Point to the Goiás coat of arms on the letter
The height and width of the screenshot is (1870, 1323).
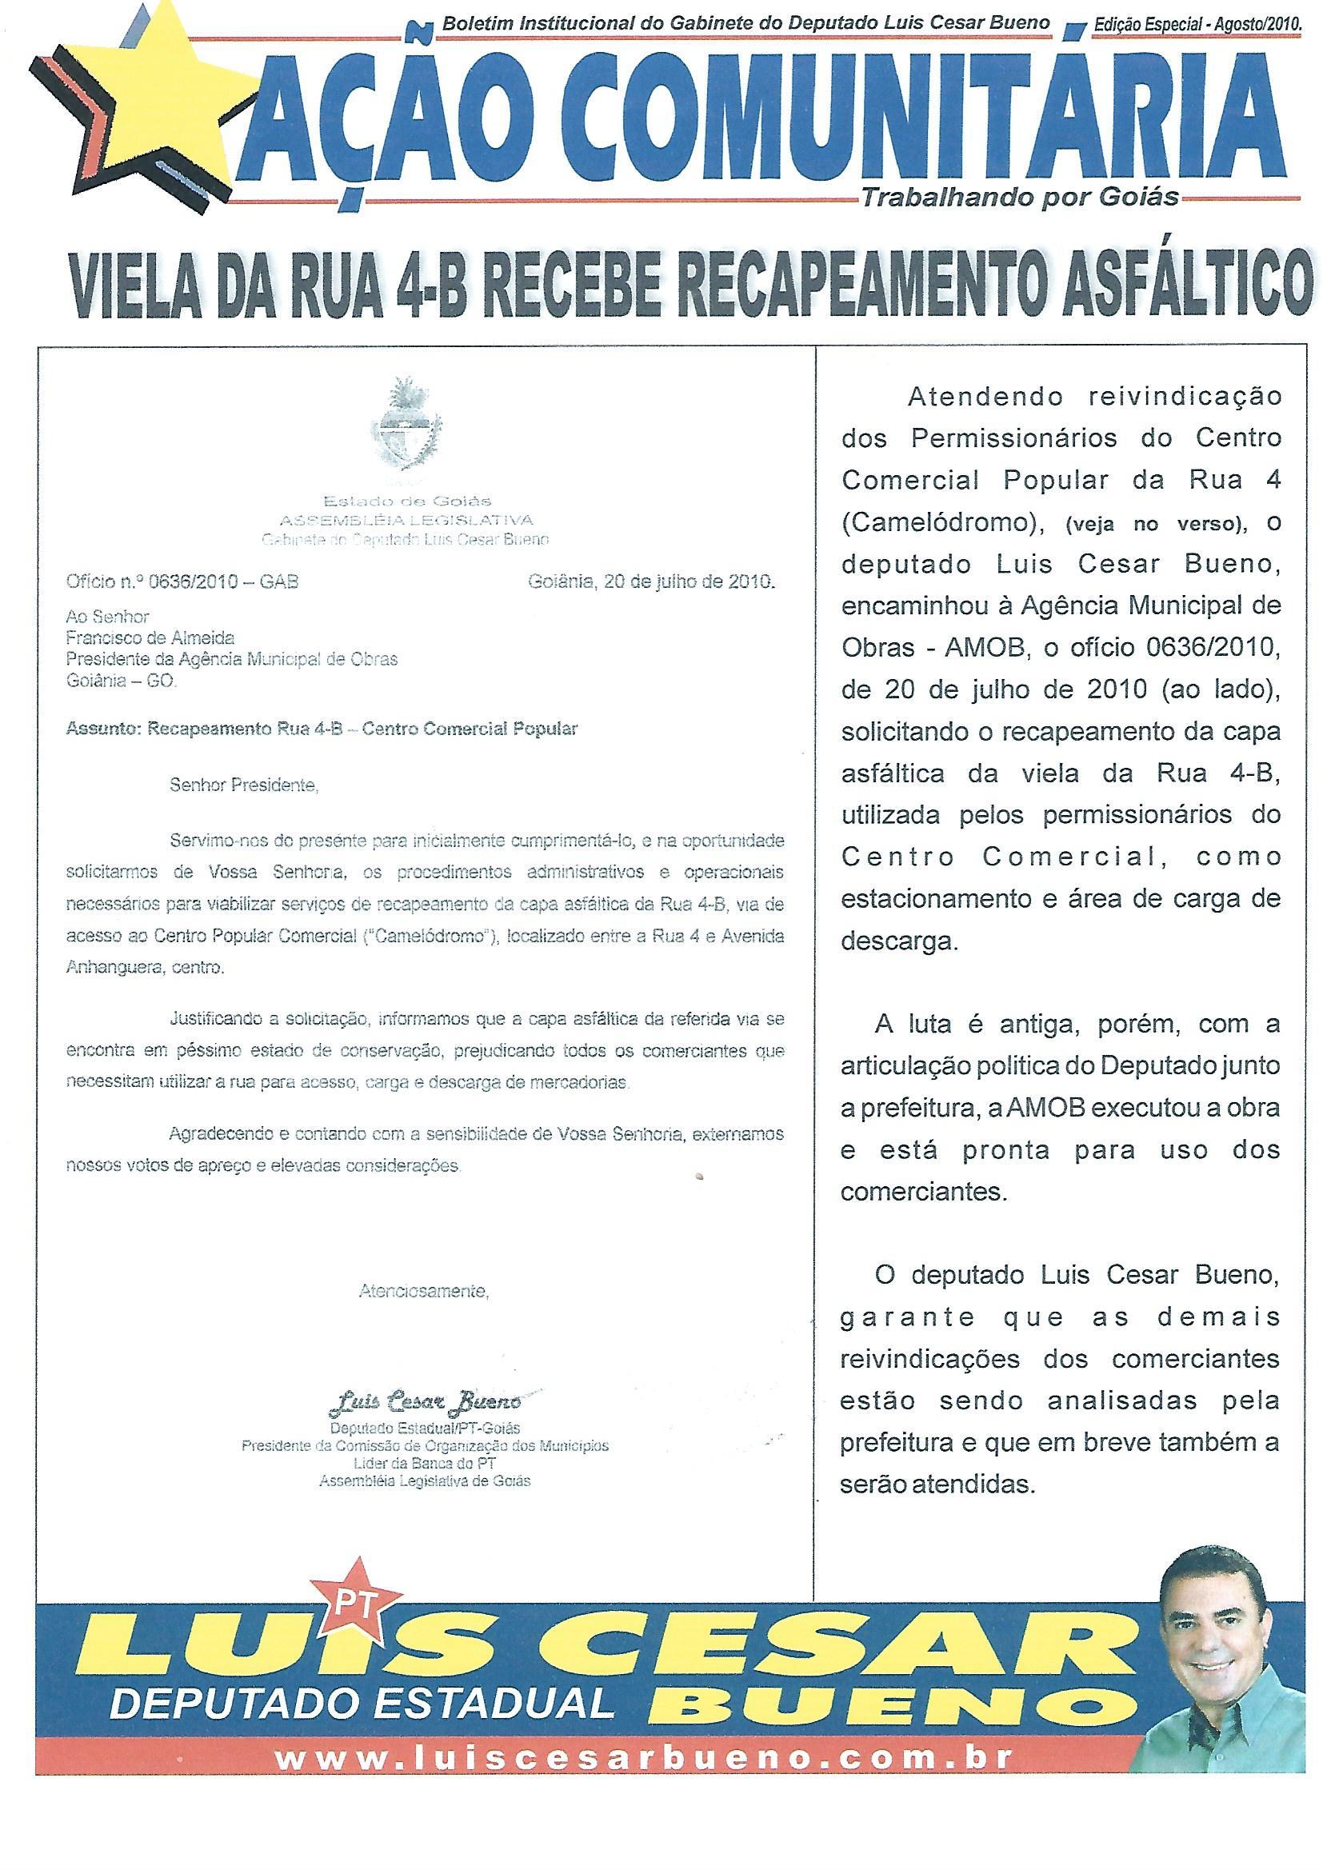(x=405, y=432)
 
